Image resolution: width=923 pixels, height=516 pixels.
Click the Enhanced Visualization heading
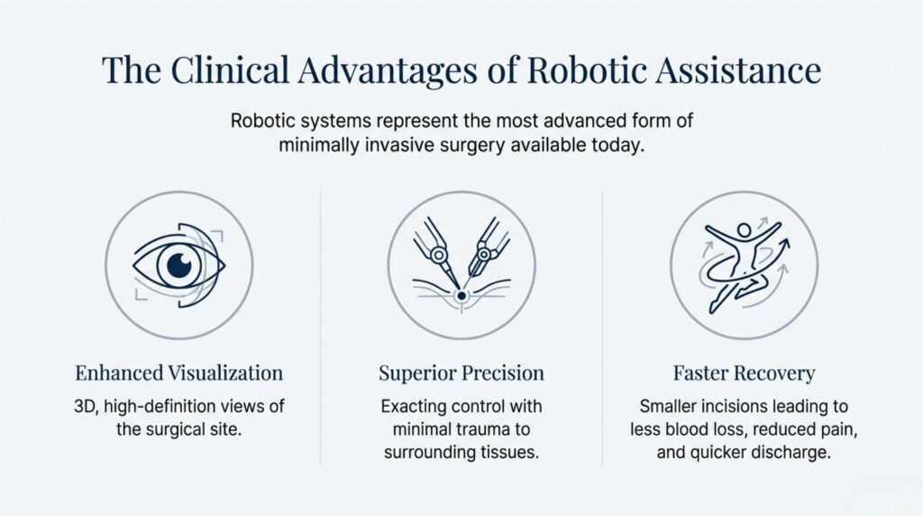tap(178, 373)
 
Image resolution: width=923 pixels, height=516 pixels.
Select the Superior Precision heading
tap(461, 373)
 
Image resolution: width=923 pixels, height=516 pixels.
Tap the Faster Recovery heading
tap(744, 373)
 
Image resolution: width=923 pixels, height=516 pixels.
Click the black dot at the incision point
tap(461, 295)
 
